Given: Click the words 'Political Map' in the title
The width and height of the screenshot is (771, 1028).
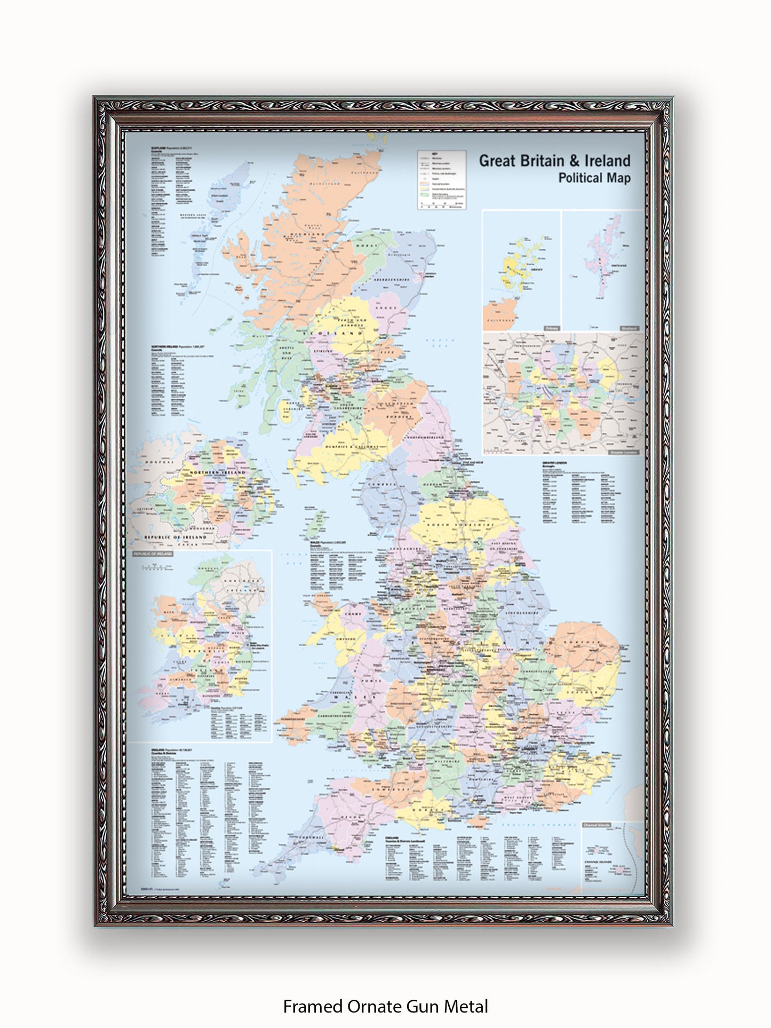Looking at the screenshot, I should [594, 178].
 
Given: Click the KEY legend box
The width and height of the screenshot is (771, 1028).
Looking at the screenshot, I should [441, 179].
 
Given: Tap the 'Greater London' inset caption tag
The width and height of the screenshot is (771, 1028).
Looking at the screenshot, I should [623, 453].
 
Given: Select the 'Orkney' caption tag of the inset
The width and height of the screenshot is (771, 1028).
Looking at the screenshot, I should [552, 328].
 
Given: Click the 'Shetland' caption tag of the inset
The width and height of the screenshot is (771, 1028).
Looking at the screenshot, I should [629, 328].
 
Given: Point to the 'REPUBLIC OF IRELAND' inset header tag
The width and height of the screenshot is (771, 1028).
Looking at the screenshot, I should [153, 554].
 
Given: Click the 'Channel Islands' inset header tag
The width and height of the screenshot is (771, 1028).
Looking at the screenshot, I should [597, 825].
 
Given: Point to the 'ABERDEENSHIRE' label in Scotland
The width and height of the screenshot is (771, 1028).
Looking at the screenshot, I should [391, 280].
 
